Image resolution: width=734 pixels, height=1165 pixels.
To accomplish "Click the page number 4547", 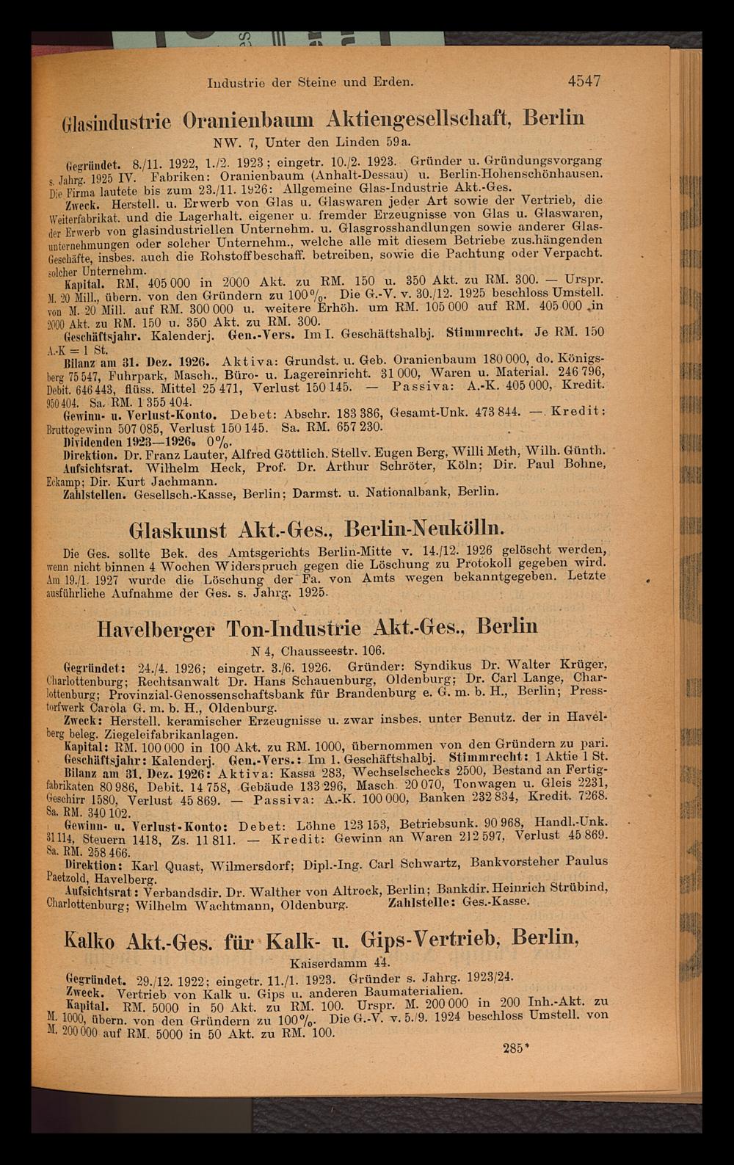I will (578, 81).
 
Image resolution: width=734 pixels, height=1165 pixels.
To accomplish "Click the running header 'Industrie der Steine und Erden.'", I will (312, 83).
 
